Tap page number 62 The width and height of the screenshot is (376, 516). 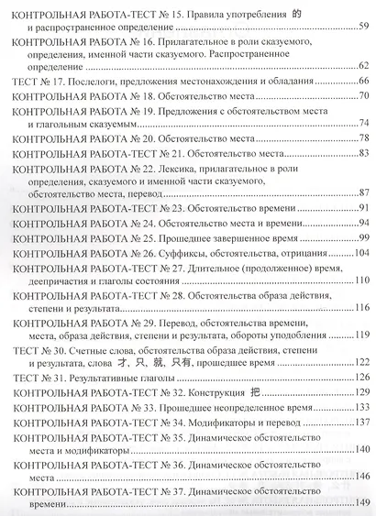(363, 65)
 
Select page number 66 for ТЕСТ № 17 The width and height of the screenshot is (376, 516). (363, 82)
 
